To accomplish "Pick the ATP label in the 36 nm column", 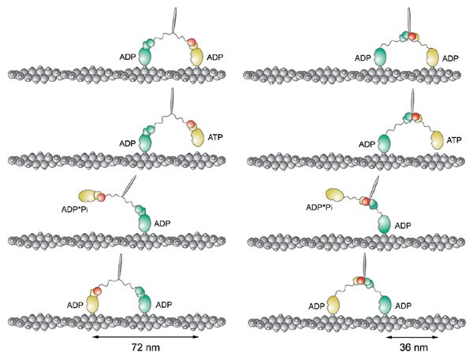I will coord(455,140).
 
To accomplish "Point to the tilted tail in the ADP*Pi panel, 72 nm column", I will coord(126,187).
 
